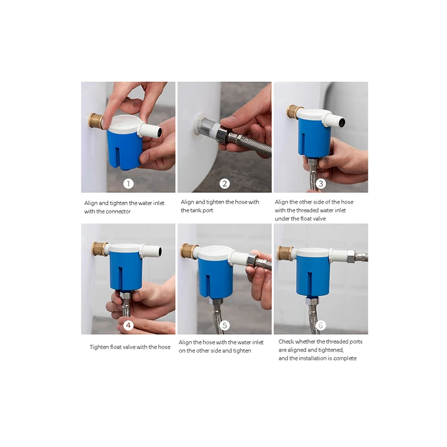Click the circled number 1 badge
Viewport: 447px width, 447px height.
pyautogui.click(x=129, y=183)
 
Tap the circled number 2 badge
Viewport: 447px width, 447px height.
pyautogui.click(x=225, y=183)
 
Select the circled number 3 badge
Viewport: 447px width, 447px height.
pyautogui.click(x=321, y=183)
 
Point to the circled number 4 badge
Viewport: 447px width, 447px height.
pyautogui.click(x=129, y=325)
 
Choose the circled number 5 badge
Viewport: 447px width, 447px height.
pyautogui.click(x=225, y=325)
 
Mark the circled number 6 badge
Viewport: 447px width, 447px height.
pyautogui.click(x=321, y=325)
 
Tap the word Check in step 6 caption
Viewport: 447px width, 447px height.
pyautogui.click(x=286, y=341)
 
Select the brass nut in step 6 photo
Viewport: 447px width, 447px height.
pyautogui.click(x=285, y=253)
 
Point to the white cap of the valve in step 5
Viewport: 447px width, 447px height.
pyautogui.click(x=215, y=253)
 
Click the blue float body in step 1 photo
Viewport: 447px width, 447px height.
pyautogui.click(x=124, y=148)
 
